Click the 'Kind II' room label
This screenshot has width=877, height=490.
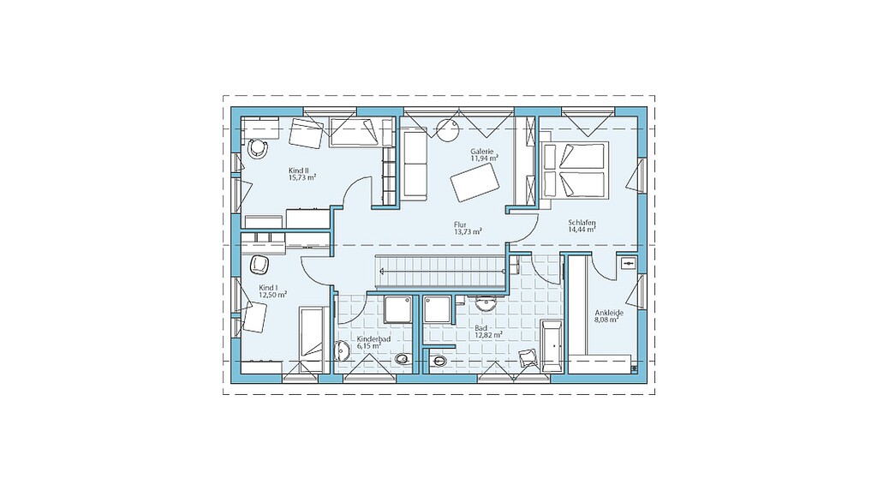point(299,170)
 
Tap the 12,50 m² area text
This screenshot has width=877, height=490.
point(273,295)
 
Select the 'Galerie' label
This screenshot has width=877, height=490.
point(481,151)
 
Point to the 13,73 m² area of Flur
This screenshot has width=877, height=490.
point(468,231)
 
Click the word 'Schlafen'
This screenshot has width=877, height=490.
point(582,223)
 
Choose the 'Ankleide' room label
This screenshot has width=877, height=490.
point(609,314)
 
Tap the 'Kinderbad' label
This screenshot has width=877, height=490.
point(373,339)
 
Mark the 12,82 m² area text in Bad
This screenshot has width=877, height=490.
point(488,335)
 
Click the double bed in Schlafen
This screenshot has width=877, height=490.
point(574,170)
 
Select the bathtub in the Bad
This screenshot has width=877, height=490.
point(552,346)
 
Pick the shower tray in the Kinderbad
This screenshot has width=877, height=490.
point(398,309)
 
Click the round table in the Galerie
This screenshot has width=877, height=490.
point(448,130)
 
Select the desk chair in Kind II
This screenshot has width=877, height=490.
point(258,147)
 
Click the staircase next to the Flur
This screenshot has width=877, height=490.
point(440,272)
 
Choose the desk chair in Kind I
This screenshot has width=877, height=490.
point(260,265)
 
